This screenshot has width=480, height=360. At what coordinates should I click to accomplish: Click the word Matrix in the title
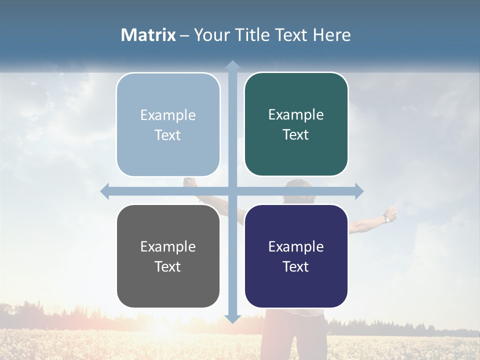coord(148,35)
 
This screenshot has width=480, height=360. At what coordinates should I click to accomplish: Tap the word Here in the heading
coord(331,35)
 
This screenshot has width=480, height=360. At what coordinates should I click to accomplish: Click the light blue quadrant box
coord(168,125)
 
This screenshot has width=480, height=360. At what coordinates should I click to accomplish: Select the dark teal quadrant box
coord(296,124)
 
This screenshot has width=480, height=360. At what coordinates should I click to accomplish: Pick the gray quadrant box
coord(168,256)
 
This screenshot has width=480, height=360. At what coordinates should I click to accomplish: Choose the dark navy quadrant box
coord(296,256)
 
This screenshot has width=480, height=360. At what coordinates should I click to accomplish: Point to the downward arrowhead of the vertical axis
coord(232,319)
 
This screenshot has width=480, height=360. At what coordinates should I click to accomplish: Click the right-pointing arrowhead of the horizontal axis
coord(359,191)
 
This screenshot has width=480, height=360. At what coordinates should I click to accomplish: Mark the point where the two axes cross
coord(232,191)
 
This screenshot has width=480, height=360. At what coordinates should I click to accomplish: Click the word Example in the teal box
coord(296,114)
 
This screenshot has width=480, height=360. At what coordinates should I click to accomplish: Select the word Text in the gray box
coord(168,266)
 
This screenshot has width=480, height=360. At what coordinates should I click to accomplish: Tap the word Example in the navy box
coord(296,246)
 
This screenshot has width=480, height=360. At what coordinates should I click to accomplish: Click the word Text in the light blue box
coord(168,135)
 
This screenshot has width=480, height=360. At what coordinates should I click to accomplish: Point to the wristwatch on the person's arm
coord(386,218)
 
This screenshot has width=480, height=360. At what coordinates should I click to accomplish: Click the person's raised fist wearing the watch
coord(392,213)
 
